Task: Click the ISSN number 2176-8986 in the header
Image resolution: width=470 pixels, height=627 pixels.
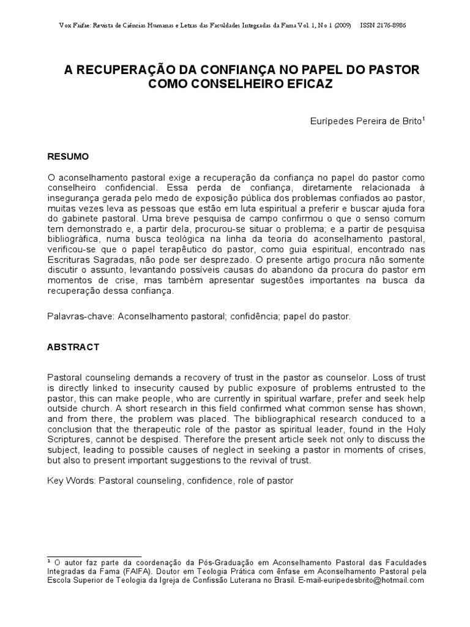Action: click(x=392, y=25)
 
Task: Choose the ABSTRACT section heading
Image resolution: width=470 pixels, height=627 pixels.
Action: click(x=73, y=347)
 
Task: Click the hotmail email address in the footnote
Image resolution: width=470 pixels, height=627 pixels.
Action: click(x=371, y=580)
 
